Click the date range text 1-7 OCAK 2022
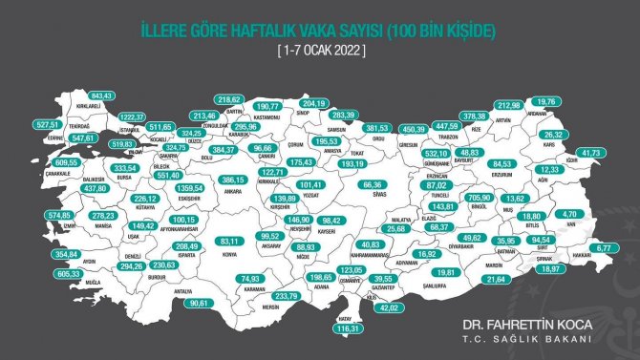[x=320, y=47]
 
